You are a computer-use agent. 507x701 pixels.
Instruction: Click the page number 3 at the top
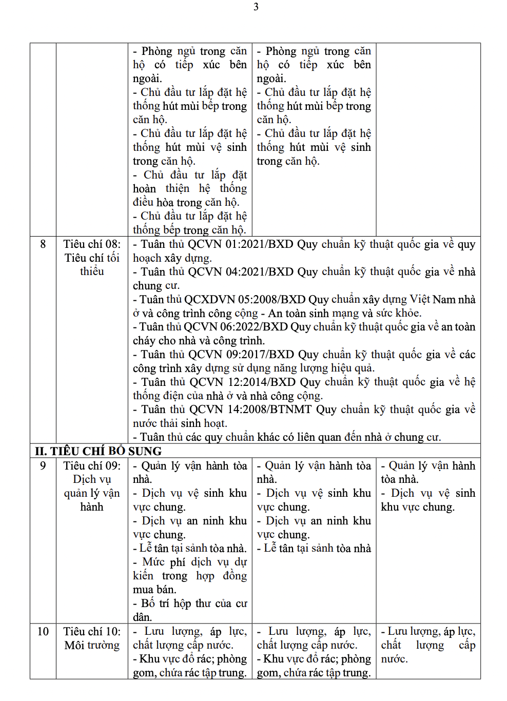(x=256, y=7)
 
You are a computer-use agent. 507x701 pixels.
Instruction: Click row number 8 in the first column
(x=43, y=244)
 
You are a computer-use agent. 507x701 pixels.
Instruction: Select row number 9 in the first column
(x=43, y=466)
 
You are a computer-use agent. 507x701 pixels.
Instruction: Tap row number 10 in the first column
(x=43, y=632)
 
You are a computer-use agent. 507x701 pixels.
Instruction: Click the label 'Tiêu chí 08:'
(x=92, y=244)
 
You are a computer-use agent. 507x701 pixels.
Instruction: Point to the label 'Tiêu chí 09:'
(x=92, y=466)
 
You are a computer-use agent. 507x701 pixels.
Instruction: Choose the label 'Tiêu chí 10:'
(x=92, y=632)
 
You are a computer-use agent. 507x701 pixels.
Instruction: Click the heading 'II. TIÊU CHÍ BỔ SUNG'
(x=98, y=452)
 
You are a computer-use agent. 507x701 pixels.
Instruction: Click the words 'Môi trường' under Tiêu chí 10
(x=92, y=646)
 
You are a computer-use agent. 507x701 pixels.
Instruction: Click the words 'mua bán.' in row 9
(x=154, y=590)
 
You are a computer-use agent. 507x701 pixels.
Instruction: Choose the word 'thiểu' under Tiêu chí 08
(x=92, y=271)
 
